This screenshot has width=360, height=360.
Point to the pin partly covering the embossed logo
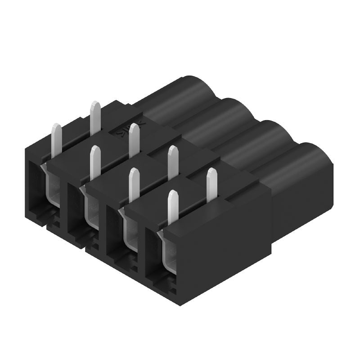click(x=134, y=140)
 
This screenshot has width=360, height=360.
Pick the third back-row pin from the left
click(x=172, y=162)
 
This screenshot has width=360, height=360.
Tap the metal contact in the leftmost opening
click(x=52, y=189)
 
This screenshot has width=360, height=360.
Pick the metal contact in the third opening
click(x=130, y=234)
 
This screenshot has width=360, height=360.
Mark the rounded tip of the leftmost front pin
click(x=57, y=126)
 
